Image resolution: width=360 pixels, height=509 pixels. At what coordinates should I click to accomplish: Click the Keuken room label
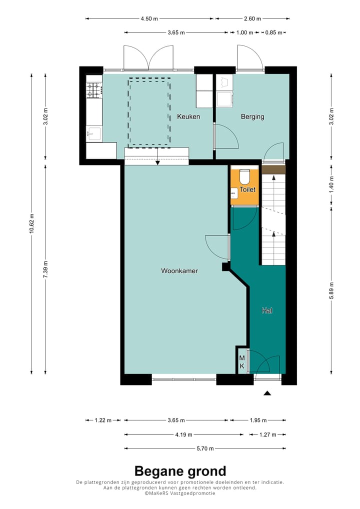[x=188, y=116]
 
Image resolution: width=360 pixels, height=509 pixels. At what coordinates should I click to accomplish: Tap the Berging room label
[x=252, y=116]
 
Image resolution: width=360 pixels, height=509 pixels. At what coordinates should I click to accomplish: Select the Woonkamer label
[x=179, y=270]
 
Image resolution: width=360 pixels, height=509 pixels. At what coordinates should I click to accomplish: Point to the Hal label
[x=267, y=310]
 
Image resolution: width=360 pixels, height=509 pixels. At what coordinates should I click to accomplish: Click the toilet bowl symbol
[x=244, y=177]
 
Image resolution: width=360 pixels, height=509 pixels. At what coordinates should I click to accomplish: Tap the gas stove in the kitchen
[x=94, y=90]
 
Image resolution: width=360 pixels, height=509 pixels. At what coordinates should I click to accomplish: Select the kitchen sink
[x=93, y=133]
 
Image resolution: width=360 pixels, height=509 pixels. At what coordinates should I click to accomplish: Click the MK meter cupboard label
[x=242, y=362]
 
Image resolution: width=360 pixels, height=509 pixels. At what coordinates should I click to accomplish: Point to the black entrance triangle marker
[x=267, y=393]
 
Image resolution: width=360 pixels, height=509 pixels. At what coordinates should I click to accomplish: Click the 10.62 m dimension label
[x=31, y=223]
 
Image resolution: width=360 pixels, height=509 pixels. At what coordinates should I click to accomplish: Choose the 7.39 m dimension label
[x=45, y=269]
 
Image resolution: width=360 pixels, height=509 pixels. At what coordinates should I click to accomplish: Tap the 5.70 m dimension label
[x=205, y=448]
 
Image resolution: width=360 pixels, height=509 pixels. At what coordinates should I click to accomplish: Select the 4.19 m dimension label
[x=183, y=434]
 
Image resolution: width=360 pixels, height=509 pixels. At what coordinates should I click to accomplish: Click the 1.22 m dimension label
[x=103, y=420]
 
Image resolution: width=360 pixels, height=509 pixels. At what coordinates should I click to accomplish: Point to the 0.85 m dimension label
[x=273, y=32]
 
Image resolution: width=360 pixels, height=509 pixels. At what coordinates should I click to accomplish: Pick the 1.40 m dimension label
[x=331, y=184]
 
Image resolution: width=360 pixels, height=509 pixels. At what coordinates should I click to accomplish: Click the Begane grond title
[x=180, y=471]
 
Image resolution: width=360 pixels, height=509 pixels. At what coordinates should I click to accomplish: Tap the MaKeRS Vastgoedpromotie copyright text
[x=180, y=493]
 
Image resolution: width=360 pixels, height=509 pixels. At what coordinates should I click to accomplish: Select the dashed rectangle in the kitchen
[x=149, y=112]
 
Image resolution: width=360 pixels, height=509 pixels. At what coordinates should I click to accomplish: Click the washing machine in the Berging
[x=224, y=99]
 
